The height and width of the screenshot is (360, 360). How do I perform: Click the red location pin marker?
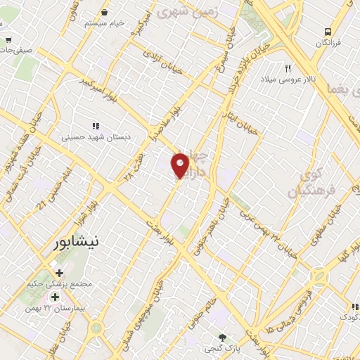181,165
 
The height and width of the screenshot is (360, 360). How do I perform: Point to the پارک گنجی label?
224,349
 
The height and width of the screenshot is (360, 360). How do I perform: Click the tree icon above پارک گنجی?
224,337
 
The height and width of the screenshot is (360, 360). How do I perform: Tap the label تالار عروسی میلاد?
287,81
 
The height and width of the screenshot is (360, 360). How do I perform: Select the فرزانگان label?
328,44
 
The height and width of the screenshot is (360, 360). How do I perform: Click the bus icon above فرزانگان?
328,32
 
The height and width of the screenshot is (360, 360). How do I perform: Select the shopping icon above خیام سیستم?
104,12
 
